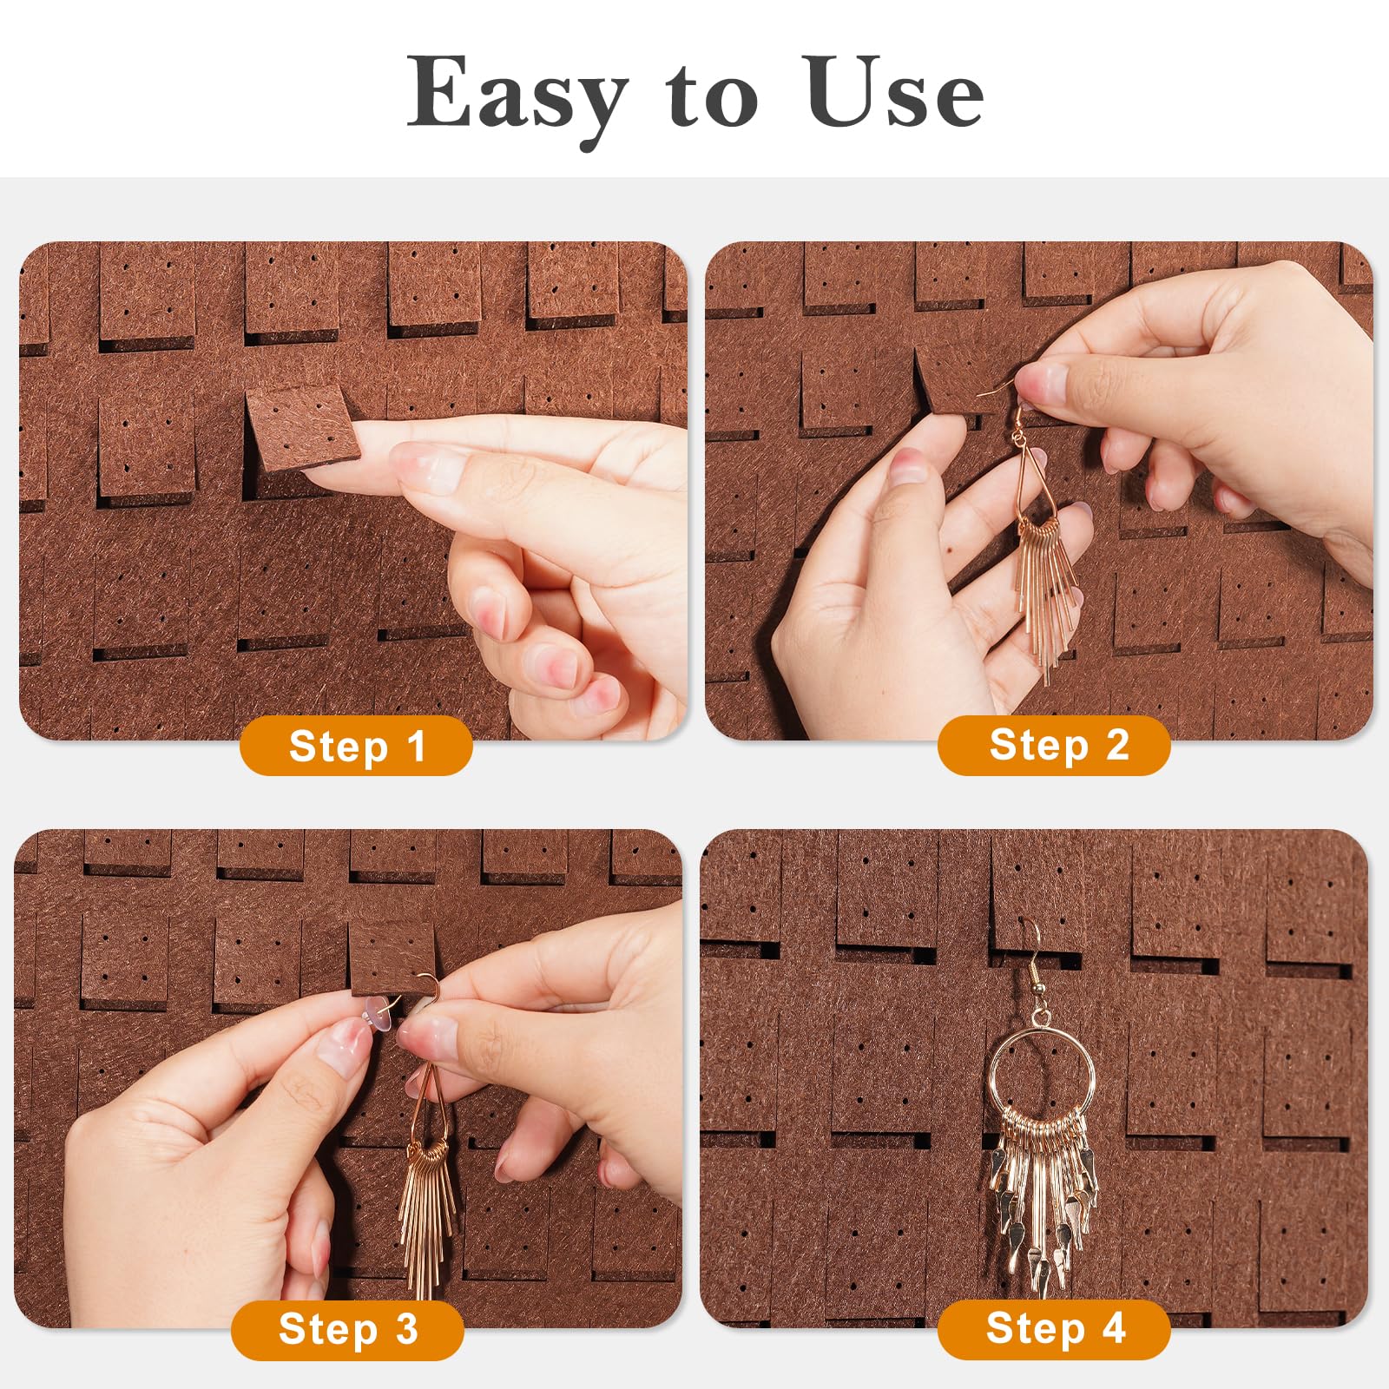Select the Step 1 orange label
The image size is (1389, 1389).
click(356, 746)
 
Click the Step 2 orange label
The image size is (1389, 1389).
click(1054, 745)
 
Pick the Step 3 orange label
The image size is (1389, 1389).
click(347, 1329)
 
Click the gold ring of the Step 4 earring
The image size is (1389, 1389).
click(1042, 1076)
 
